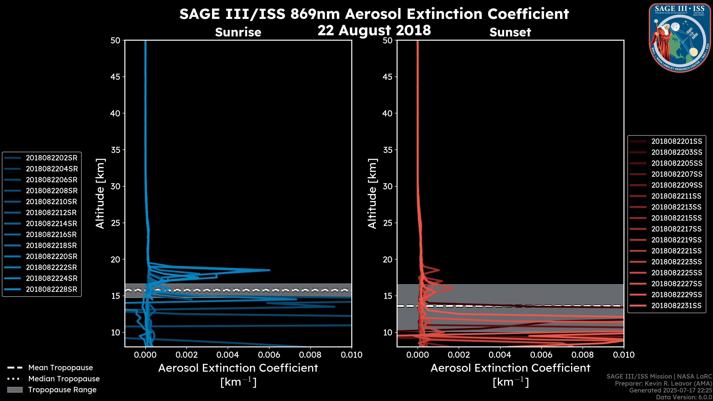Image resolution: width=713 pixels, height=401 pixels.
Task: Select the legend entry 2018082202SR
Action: (x=51, y=158)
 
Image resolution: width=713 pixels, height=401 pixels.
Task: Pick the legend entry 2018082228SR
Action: (x=51, y=289)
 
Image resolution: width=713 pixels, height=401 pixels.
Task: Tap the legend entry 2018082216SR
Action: (x=51, y=234)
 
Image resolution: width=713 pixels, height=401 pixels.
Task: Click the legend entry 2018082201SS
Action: (x=676, y=141)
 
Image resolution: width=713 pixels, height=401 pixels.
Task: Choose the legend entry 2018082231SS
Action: (x=676, y=306)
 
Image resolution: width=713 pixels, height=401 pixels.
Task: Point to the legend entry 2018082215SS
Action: (x=676, y=218)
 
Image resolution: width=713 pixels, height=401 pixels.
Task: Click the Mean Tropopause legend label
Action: (x=61, y=368)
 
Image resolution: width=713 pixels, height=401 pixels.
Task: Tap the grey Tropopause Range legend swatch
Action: (x=15, y=390)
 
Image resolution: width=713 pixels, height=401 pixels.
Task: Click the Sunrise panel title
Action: (x=238, y=32)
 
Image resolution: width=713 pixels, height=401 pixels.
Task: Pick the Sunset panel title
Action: (x=510, y=32)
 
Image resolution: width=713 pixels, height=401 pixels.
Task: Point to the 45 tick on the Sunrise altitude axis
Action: (x=116, y=77)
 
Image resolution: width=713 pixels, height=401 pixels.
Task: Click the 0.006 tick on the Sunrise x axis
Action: (x=269, y=355)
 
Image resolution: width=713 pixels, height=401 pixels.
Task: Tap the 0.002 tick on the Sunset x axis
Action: (x=459, y=355)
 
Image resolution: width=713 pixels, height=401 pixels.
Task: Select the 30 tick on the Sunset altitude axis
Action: (x=388, y=186)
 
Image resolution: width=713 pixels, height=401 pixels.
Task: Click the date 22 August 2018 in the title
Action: (x=374, y=30)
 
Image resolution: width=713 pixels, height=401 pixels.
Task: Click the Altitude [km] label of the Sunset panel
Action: (x=372, y=194)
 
